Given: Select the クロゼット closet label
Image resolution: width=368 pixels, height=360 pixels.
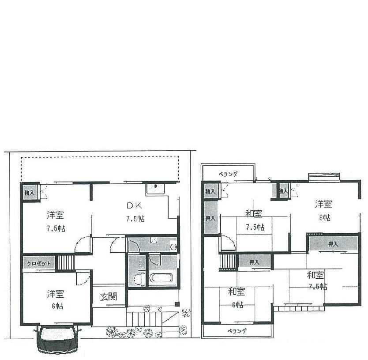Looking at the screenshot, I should tap(39, 263).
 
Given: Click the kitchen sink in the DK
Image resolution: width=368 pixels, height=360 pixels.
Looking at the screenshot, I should tap(155, 189).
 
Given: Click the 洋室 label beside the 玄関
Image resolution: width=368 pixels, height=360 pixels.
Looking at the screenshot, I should tap(56, 294).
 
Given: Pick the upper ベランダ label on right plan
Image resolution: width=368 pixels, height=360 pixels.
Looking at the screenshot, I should tap(228, 174).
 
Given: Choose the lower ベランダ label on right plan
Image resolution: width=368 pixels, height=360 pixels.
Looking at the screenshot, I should tap(237, 331).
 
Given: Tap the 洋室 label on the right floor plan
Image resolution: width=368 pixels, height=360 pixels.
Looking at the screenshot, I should tap(324, 204).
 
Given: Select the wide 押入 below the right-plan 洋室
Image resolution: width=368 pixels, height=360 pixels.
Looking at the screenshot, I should tap(333, 243).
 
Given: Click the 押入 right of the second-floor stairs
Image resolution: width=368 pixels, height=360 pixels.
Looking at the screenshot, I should tap(254, 262).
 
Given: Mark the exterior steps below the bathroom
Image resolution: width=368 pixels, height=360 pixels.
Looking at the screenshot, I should tap(146, 317).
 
